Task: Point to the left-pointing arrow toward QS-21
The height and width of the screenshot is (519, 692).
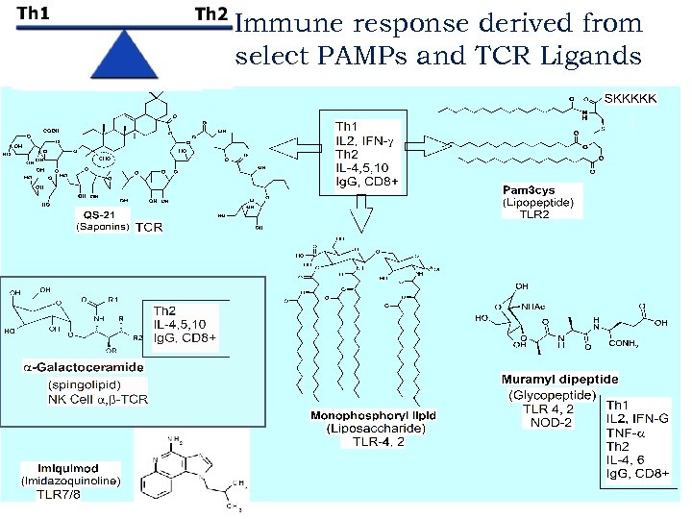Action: [x=293, y=147]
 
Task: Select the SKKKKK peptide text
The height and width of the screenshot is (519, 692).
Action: [x=630, y=99]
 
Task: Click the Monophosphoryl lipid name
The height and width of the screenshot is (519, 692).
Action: [x=373, y=415]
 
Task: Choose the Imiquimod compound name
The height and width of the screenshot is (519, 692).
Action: [x=59, y=468]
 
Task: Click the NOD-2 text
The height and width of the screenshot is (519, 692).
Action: [x=552, y=422]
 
